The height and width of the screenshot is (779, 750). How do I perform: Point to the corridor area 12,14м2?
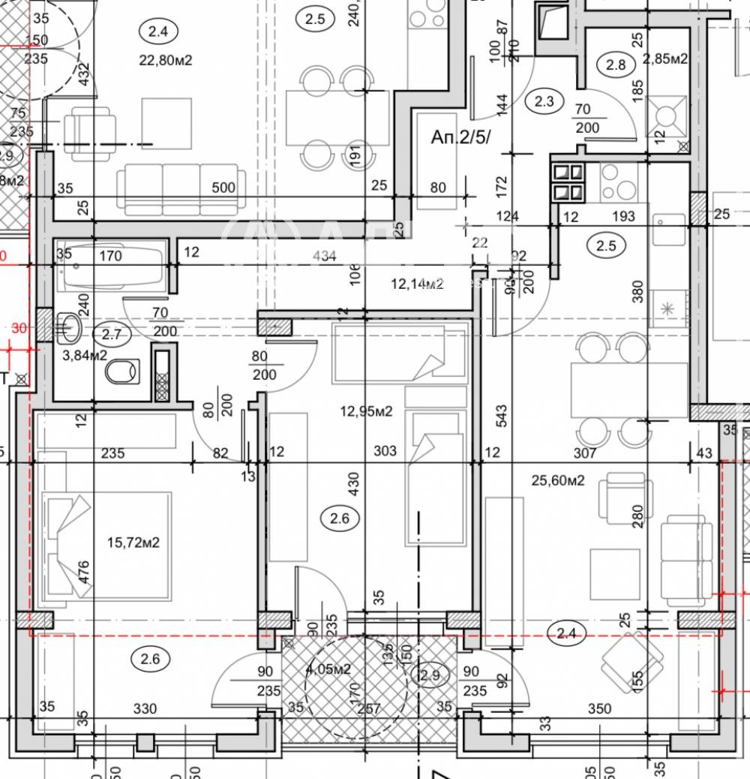[418, 283]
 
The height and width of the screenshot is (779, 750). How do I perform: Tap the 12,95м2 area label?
[366, 411]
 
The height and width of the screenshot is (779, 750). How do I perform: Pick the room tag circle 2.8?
[616, 65]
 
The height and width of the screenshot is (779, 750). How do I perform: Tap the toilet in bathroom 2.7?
[123, 371]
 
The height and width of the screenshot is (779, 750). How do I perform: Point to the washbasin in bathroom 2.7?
[70, 326]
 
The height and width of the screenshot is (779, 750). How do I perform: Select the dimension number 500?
[223, 188]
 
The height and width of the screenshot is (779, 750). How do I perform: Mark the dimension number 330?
[145, 708]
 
